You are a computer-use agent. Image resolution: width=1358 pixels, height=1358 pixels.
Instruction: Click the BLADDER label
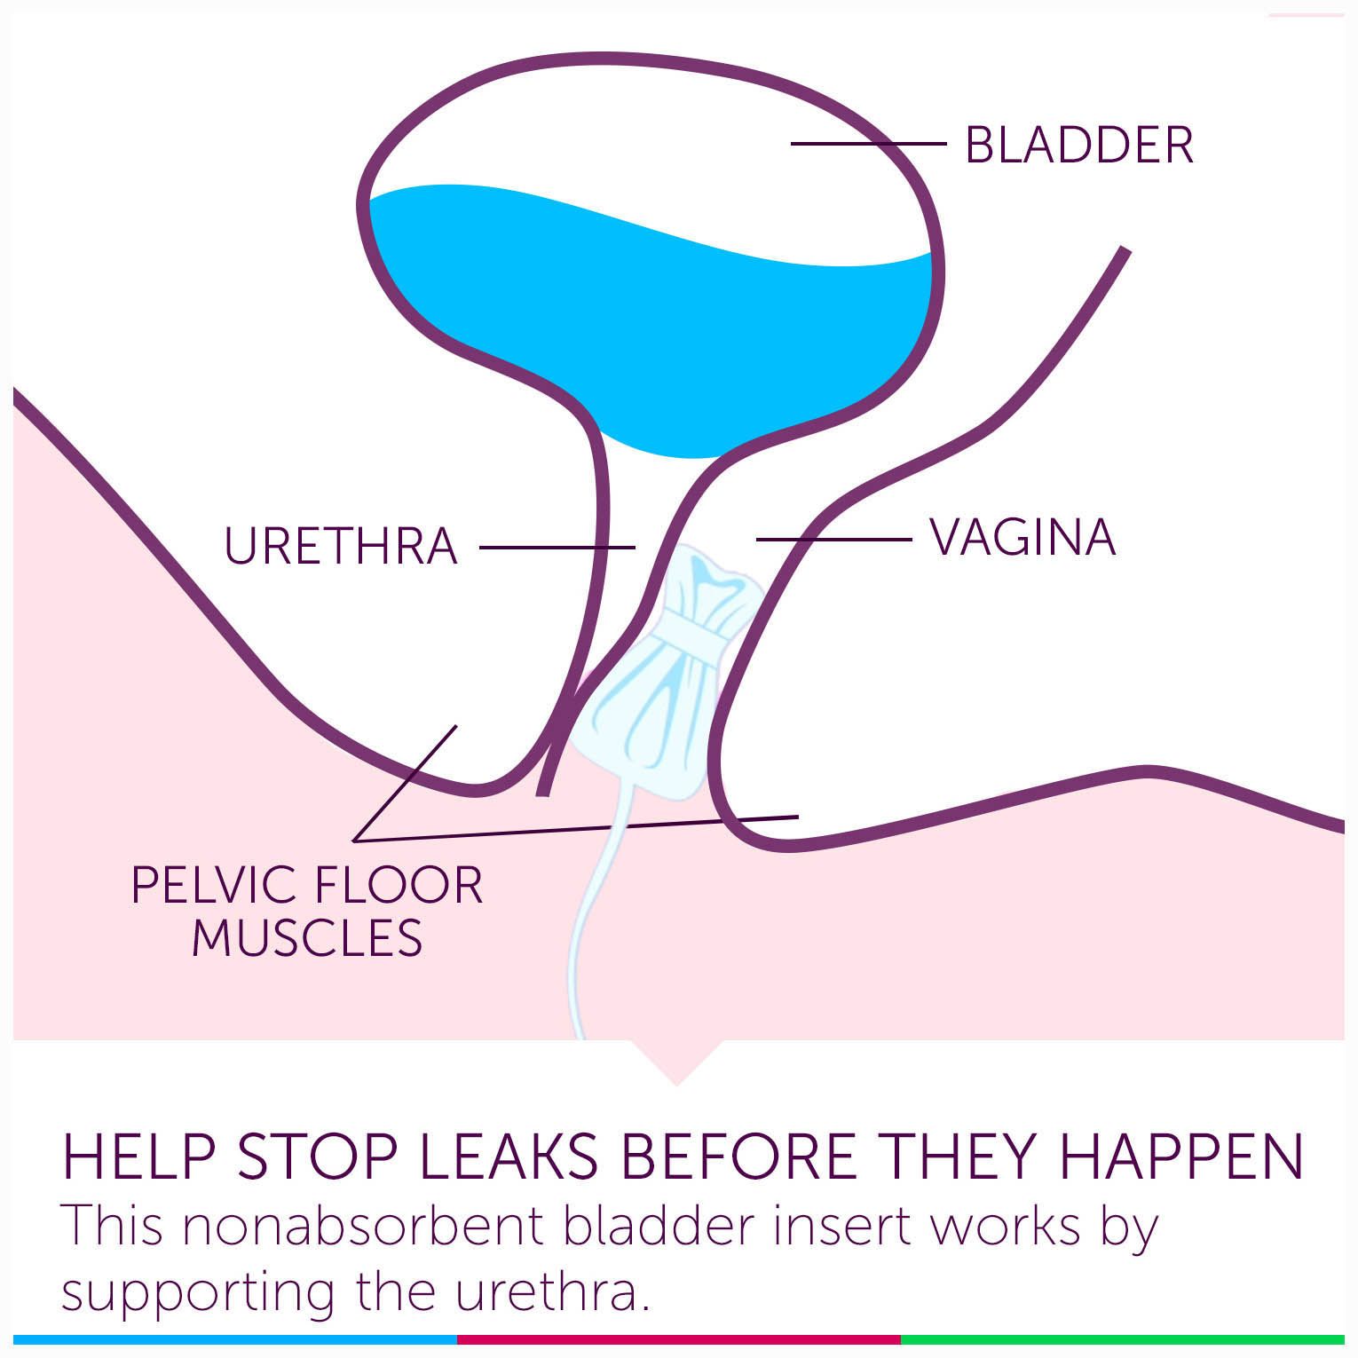coord(1078,145)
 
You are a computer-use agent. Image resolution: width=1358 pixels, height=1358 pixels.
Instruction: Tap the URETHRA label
coord(341,546)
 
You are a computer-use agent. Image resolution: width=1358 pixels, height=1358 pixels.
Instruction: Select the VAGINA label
coord(1022,537)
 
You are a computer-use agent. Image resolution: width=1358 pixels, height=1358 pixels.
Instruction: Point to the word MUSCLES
coord(307,938)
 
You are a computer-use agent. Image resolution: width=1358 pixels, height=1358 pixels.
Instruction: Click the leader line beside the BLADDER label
coord(870,143)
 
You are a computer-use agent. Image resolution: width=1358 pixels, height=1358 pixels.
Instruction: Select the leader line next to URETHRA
coord(557,548)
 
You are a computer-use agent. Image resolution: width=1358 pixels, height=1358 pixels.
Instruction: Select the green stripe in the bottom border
coord(1123,1339)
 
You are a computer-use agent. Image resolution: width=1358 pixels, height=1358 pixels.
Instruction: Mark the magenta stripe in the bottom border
coord(679,1339)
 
